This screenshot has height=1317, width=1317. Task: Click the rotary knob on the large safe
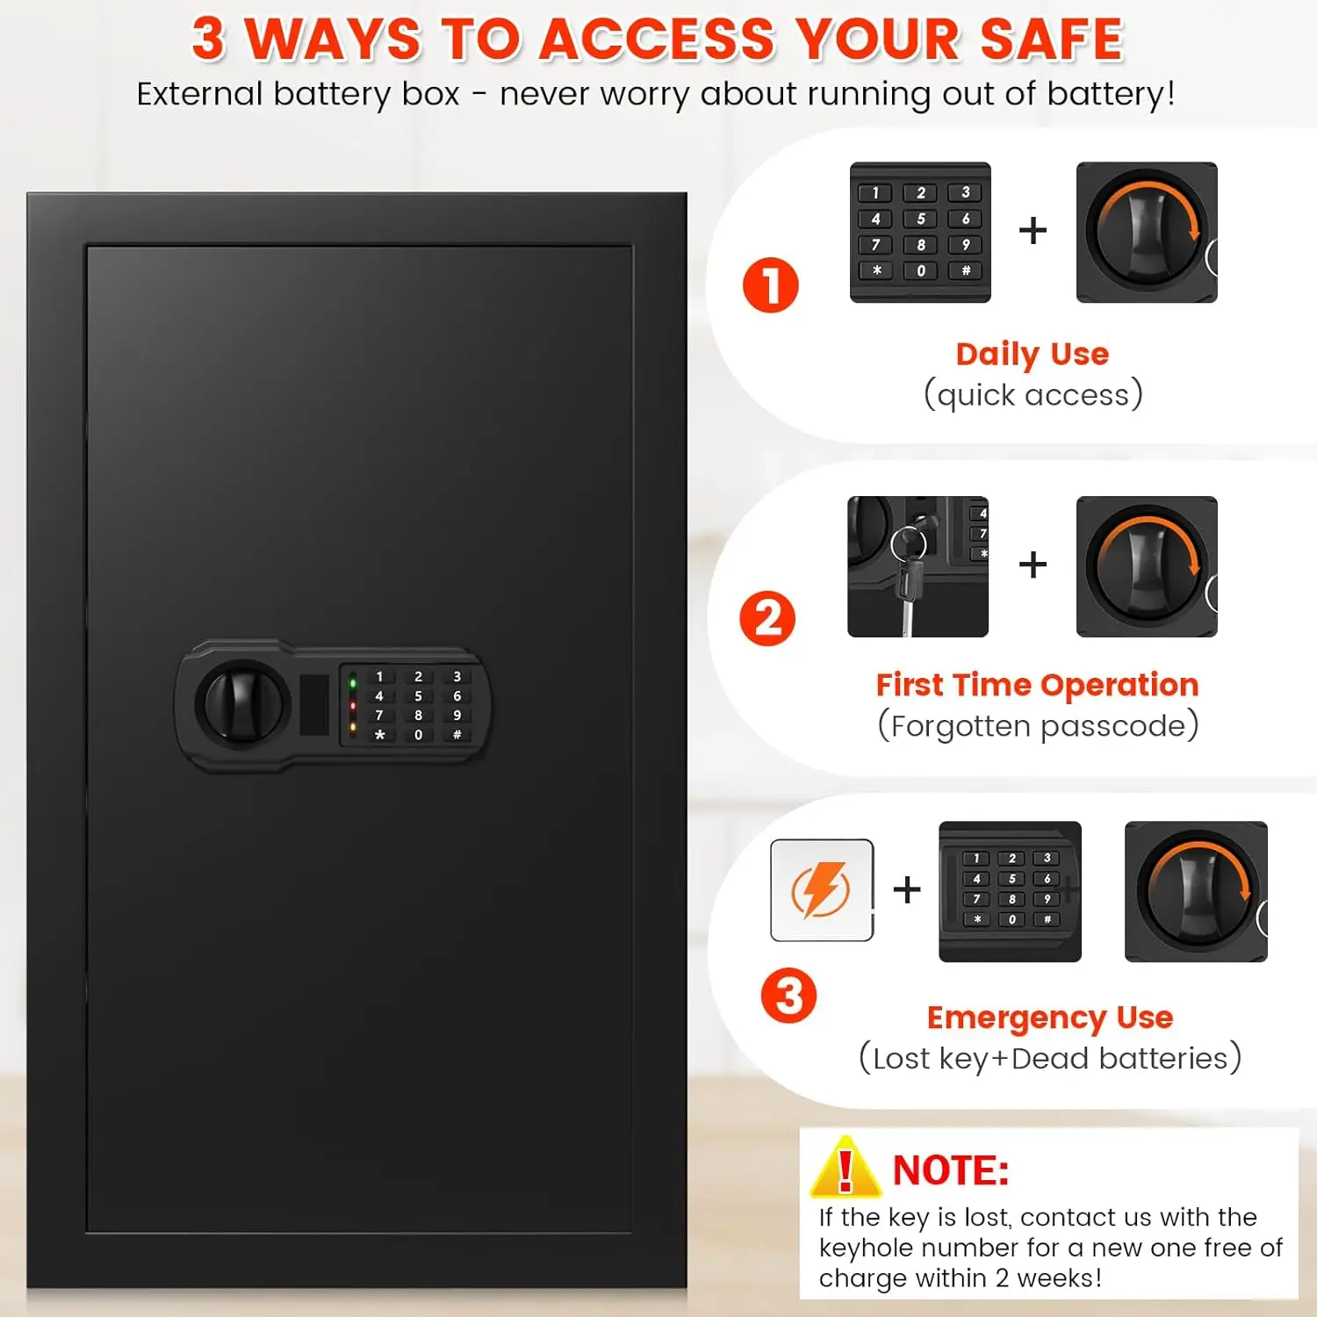(242, 704)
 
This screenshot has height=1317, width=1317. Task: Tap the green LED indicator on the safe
(353, 682)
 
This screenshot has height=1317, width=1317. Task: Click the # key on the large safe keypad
(457, 735)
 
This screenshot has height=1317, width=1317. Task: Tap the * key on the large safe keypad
(379, 735)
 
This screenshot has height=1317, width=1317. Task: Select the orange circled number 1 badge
(770, 284)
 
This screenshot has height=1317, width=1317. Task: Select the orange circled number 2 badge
(767, 618)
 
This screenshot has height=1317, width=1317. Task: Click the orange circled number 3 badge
(788, 996)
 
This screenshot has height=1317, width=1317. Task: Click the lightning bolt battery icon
(821, 890)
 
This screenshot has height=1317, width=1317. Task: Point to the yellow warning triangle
(845, 1169)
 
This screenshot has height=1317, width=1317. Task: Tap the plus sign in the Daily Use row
(1033, 231)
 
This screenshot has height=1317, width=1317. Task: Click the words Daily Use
(1033, 354)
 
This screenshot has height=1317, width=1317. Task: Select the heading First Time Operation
(1037, 685)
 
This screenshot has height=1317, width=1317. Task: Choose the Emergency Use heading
(1050, 1017)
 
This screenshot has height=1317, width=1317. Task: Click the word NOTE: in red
(951, 1170)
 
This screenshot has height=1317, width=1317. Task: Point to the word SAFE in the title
(1051, 40)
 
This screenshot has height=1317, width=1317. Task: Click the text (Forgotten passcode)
(1038, 726)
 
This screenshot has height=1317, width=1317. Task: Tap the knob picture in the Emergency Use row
(1196, 891)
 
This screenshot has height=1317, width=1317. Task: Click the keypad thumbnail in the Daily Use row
(920, 232)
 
